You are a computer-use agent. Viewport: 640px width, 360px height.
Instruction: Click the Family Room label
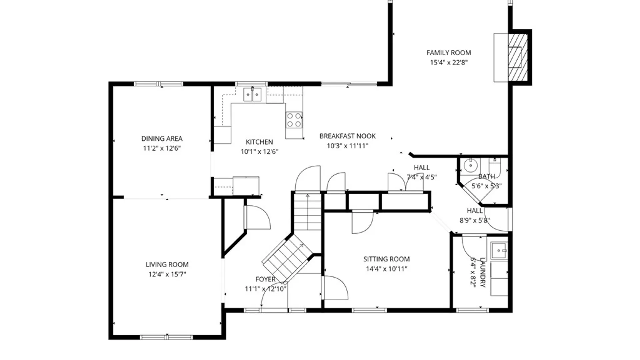click(x=449, y=53)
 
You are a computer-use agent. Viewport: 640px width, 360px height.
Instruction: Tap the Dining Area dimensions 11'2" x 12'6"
click(x=162, y=148)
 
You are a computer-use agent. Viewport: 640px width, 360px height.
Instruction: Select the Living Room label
click(x=167, y=265)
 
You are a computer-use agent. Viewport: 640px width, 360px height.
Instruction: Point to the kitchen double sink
click(x=252, y=94)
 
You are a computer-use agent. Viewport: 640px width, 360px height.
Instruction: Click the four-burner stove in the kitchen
click(x=294, y=120)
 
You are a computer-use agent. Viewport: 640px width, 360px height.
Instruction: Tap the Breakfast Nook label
click(x=347, y=136)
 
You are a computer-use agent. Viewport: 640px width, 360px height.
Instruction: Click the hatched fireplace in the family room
click(x=518, y=57)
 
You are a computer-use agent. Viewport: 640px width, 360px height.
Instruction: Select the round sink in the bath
click(x=470, y=165)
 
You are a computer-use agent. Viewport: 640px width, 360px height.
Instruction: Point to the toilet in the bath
click(x=495, y=165)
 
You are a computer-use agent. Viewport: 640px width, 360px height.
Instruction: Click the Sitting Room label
click(x=386, y=259)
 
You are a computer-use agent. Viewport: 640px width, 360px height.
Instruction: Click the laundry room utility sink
click(x=499, y=251)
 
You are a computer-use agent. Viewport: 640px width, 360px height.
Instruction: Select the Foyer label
click(x=265, y=279)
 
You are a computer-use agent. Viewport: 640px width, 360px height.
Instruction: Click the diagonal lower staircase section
click(x=287, y=258)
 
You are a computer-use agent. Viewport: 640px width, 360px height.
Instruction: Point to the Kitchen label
click(x=259, y=142)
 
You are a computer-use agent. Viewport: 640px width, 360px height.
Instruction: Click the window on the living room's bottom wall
click(x=166, y=337)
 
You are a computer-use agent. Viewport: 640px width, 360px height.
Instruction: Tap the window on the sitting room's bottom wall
click(x=369, y=310)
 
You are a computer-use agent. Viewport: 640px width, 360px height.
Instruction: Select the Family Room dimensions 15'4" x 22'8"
click(x=449, y=62)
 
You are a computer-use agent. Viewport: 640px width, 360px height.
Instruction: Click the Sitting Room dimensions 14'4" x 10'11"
click(x=386, y=269)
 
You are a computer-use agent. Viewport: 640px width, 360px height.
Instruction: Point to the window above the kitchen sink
click(x=251, y=84)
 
